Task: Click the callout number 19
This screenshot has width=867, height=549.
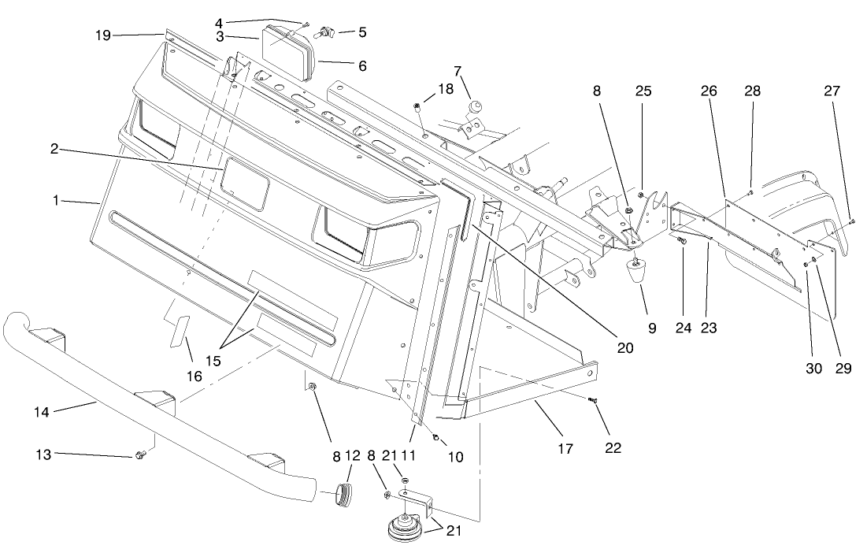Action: pyautogui.click(x=102, y=35)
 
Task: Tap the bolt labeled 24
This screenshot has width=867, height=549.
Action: pyautogui.click(x=682, y=242)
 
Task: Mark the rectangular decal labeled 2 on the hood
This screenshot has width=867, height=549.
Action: pyautogui.click(x=245, y=184)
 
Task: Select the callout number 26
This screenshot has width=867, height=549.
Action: pyautogui.click(x=710, y=91)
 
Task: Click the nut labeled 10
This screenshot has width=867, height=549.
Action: pyautogui.click(x=436, y=438)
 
